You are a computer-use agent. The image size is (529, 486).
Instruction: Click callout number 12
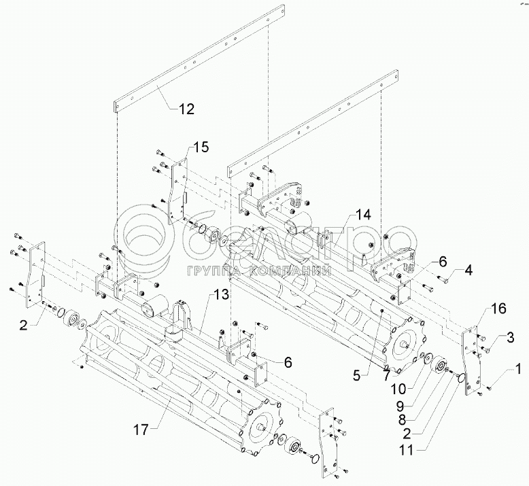tap(186, 109)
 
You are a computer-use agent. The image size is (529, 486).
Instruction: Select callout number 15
tap(201, 147)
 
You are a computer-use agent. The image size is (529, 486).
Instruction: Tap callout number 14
tap(363, 214)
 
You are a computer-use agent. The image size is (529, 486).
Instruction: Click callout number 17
tap(141, 430)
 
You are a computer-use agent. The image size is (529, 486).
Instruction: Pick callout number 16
tap(498, 309)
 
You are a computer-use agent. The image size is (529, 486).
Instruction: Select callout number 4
tap(468, 270)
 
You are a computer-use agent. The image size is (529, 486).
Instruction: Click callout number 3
tap(510, 337)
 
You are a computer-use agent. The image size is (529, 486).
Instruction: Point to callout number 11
tap(407, 450)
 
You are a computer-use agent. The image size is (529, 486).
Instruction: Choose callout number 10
tap(398, 389)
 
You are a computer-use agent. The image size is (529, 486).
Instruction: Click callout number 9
tap(400, 405)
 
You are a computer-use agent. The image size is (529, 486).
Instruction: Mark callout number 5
tap(357, 375)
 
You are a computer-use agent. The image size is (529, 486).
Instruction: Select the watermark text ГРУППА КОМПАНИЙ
tap(259, 270)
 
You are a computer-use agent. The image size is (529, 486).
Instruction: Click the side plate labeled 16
tap(472, 360)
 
